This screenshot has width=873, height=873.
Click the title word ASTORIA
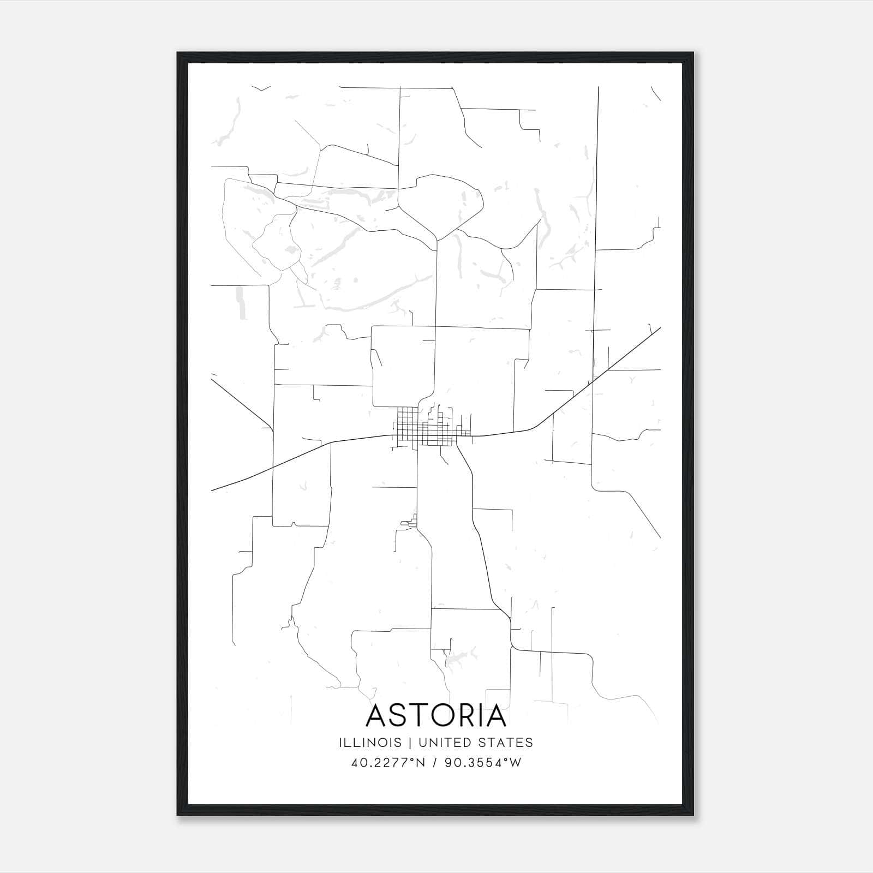pyautogui.click(x=436, y=716)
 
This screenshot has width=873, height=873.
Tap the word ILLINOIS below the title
pyautogui.click(x=370, y=743)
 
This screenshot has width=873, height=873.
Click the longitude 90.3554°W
pyautogui.click(x=483, y=763)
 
